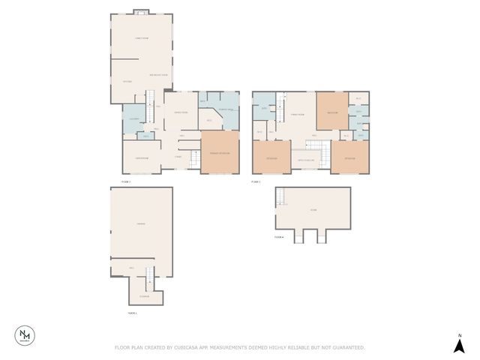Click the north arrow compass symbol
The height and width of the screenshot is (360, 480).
pos(459,345)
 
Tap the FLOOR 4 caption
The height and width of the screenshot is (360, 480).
pos(279,237)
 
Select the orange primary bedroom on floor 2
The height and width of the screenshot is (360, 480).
pos(219,153)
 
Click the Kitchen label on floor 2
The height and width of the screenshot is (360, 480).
pos(127,81)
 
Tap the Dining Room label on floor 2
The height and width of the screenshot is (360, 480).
pos(181,112)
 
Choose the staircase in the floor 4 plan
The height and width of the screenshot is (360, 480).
pos(281,197)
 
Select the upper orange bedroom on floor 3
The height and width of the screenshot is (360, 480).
pos(332,112)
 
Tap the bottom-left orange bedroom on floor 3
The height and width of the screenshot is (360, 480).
pos(271,157)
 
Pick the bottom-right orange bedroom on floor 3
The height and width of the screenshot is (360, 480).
pos(350,157)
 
